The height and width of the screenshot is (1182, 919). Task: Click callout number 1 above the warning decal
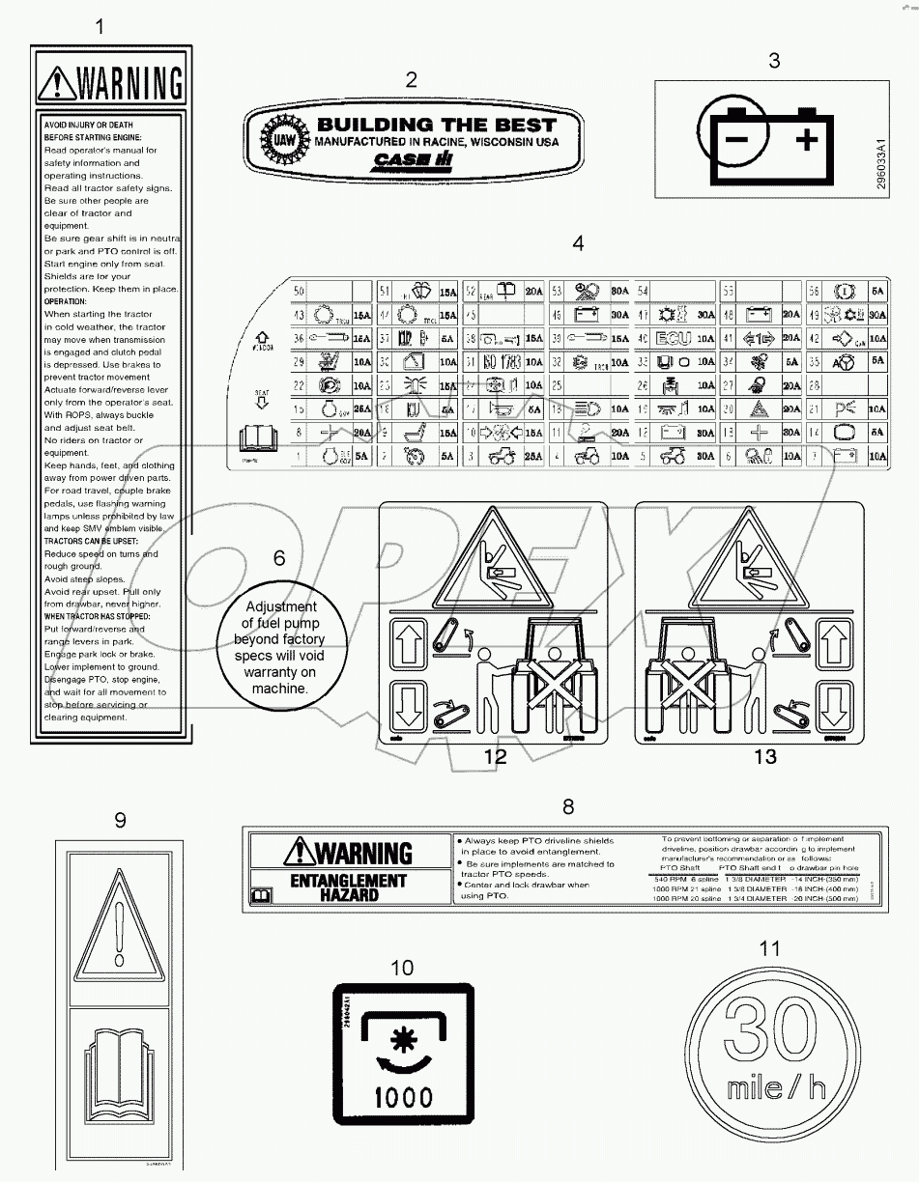tap(99, 27)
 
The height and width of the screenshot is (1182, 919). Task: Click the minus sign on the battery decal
tap(738, 140)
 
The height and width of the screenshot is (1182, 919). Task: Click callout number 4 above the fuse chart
tap(578, 243)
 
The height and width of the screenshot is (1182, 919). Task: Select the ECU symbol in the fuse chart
tap(674, 338)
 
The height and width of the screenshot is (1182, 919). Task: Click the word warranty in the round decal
tap(280, 672)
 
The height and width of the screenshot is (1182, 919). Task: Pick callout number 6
tap(279, 558)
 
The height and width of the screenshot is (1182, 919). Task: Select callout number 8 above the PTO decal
tap(568, 805)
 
